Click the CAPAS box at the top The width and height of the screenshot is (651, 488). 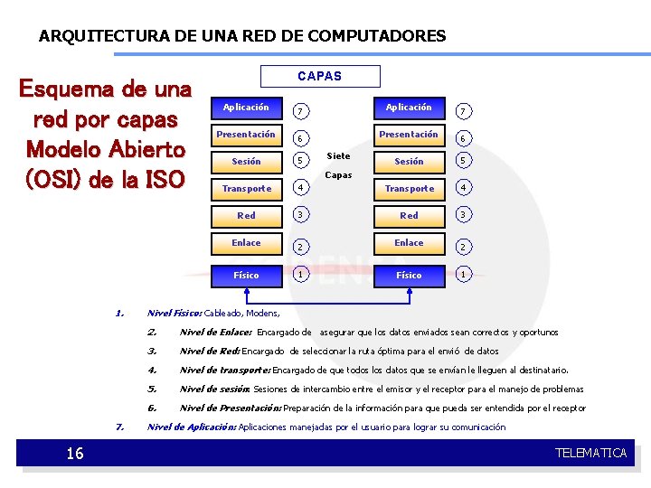pos(320,76)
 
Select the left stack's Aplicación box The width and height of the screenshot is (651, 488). pos(246,108)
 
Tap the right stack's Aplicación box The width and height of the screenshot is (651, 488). pos(409,108)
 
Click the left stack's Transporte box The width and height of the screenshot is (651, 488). pos(246,189)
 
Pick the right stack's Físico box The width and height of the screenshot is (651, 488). pos(409,275)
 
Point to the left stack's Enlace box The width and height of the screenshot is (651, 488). pos(246,243)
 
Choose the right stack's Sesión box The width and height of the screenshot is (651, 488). pos(409,162)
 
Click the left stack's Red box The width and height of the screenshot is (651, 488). pos(246,216)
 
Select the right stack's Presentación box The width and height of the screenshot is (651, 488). pos(409,135)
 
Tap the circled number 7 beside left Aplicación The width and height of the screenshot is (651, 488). pos(299,111)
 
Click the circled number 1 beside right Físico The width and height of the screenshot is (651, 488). pos(463,275)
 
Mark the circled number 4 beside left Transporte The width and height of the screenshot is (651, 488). pos(299,189)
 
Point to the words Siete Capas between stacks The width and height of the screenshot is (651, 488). pos(338,165)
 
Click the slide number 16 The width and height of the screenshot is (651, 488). pos(75,453)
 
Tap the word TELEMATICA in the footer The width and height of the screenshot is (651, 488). pos(590,453)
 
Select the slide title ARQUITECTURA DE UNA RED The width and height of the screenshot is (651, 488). pos(242,37)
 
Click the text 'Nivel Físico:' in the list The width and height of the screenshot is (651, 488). pos(175,313)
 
